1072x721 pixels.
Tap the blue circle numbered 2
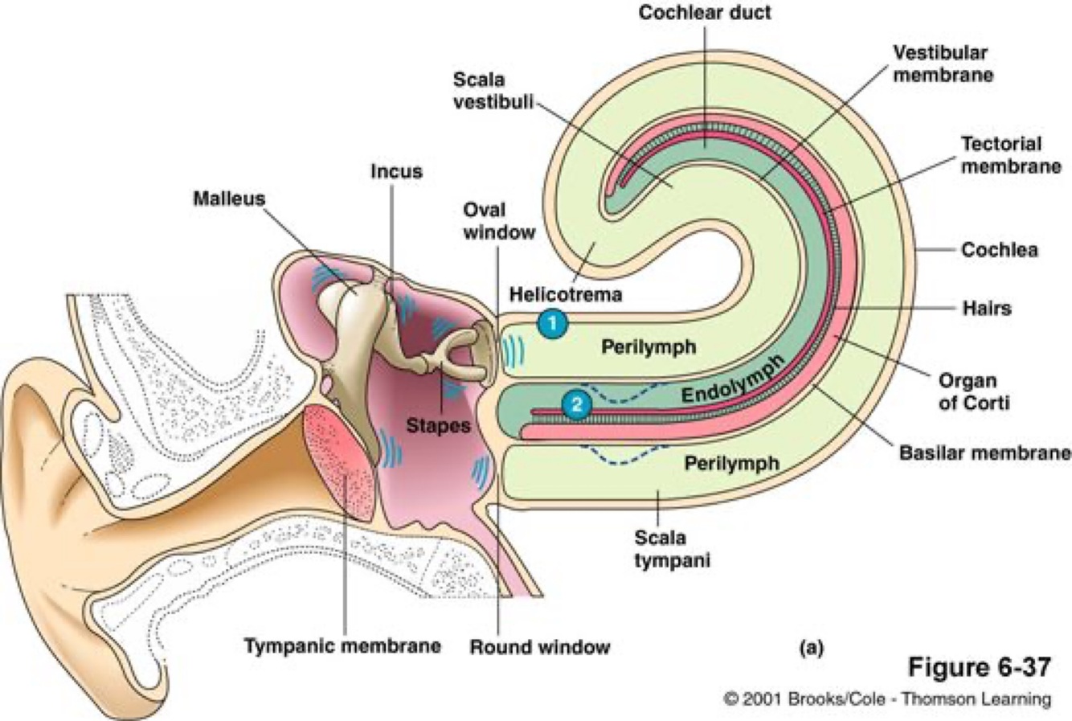[575, 404]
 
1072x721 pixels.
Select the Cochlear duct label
[704, 14]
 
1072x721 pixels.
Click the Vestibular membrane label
[943, 63]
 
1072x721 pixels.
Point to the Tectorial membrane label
[1011, 154]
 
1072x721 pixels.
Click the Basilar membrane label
[984, 453]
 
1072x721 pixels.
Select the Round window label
[539, 646]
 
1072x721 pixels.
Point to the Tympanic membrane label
[342, 645]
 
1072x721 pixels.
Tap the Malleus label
[228, 198]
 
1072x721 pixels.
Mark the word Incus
[396, 171]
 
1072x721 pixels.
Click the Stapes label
[438, 424]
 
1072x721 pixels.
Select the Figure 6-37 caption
[979, 668]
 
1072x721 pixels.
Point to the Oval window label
[498, 220]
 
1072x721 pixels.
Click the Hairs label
[986, 308]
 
